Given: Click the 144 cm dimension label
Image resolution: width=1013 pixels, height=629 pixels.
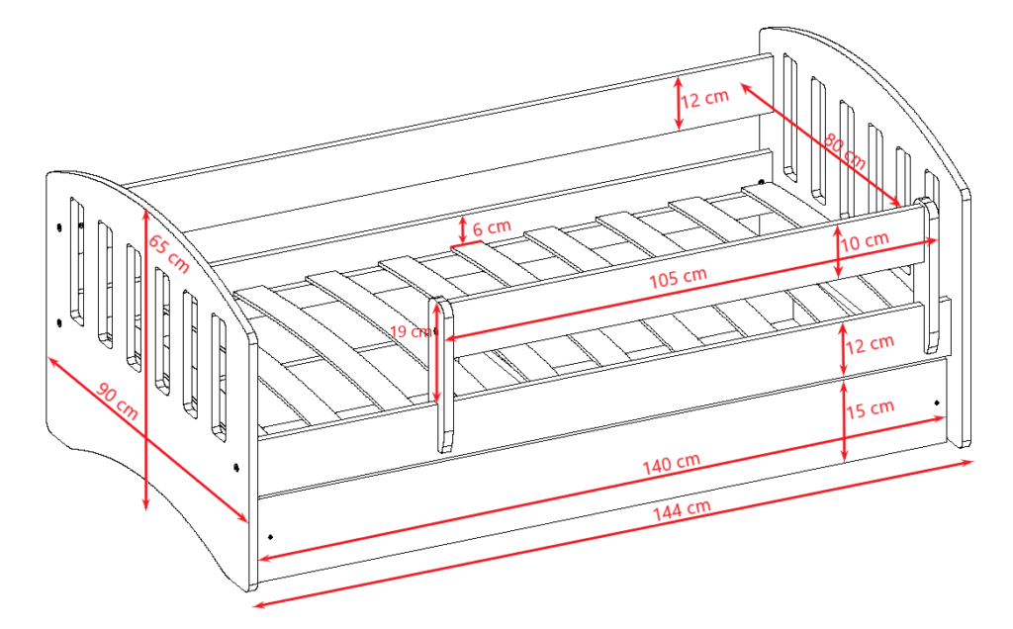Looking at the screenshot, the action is (x=682, y=509).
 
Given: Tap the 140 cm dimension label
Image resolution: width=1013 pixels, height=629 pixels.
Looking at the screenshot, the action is (x=672, y=463).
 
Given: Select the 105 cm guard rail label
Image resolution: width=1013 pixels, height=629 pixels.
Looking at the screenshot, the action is (x=678, y=277).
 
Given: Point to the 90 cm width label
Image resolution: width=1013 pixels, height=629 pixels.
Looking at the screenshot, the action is (x=117, y=401).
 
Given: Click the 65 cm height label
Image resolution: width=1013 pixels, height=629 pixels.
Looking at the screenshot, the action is (x=168, y=253).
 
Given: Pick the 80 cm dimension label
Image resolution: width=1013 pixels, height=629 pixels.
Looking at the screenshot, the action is (x=845, y=151).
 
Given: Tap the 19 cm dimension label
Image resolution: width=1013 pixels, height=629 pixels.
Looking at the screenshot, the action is (x=411, y=332).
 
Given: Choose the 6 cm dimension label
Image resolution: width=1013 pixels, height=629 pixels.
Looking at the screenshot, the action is (x=492, y=227).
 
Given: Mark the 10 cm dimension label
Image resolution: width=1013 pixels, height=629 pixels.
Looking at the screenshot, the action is (x=865, y=241).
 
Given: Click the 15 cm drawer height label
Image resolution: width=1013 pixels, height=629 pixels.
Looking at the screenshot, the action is (x=871, y=408).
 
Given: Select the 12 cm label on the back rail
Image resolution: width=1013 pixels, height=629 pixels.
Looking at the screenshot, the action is (x=704, y=98).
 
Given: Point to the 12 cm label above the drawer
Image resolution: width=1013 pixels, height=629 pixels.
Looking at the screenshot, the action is (x=870, y=343).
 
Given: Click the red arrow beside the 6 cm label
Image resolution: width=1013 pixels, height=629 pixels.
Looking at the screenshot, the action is (x=463, y=229).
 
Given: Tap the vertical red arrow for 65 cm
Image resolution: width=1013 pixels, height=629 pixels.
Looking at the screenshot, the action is (x=146, y=358).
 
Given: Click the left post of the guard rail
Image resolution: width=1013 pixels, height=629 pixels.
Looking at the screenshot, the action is (x=442, y=375).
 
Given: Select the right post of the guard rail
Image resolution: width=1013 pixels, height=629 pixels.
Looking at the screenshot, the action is (x=929, y=275).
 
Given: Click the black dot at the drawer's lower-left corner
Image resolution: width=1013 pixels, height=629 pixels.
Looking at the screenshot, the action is (x=270, y=536).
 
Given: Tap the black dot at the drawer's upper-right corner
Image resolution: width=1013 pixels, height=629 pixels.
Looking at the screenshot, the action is (x=937, y=403).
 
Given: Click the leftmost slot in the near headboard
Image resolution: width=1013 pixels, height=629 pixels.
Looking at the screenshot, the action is (x=77, y=261).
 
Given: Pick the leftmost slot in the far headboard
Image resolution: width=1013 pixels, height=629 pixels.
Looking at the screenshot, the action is (x=789, y=117).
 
